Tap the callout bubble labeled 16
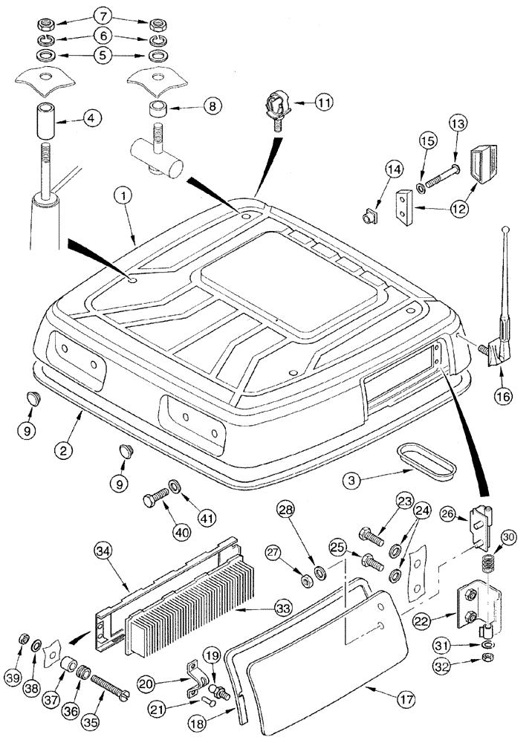click(x=502, y=396)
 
